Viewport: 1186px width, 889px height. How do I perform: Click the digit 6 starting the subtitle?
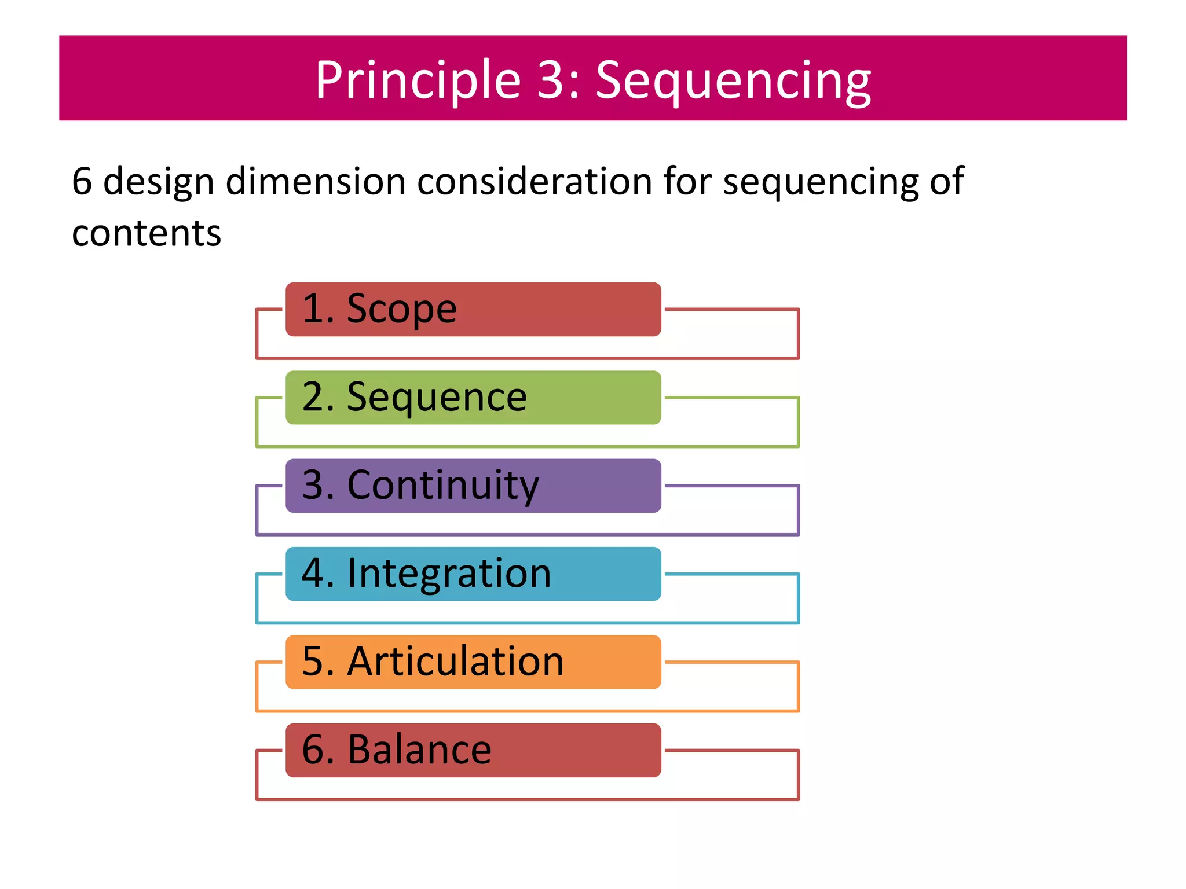point(82,181)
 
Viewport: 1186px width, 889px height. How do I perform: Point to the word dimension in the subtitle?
point(316,181)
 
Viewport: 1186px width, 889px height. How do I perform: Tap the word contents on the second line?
point(147,233)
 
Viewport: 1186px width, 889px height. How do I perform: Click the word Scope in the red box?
point(401,309)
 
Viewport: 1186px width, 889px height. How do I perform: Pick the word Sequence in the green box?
point(437,398)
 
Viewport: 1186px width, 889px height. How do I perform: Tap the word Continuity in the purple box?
point(442,486)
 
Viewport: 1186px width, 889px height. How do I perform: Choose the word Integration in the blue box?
point(449,574)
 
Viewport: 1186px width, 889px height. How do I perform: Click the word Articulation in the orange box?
point(455,662)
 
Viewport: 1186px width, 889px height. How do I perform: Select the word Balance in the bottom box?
point(419,750)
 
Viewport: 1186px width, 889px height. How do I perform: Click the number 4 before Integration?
point(314,574)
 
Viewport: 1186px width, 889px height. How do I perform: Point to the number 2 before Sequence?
point(314,398)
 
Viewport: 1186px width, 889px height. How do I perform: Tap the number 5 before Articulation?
point(314,662)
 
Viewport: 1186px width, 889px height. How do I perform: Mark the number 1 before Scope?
point(314,309)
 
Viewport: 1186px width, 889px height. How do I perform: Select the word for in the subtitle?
point(687,181)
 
